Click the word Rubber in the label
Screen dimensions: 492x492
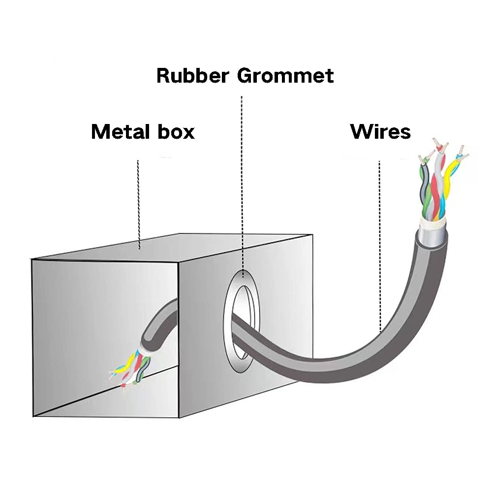(x=192, y=76)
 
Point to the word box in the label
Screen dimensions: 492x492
(x=176, y=131)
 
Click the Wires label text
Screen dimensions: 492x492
(x=380, y=131)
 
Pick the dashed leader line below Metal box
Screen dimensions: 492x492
(x=139, y=202)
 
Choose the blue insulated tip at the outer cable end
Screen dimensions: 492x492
(x=459, y=156)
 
